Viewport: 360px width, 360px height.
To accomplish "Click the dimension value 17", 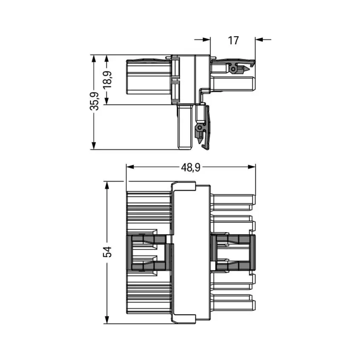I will pos(233,41).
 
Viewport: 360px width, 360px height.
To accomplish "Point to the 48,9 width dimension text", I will pos(190,168).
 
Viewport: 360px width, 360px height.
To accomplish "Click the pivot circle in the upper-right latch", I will pos(232,69).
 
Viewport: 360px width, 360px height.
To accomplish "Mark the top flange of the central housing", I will pos(183,186).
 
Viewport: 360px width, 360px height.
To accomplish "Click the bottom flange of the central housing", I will pos(183,319).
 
